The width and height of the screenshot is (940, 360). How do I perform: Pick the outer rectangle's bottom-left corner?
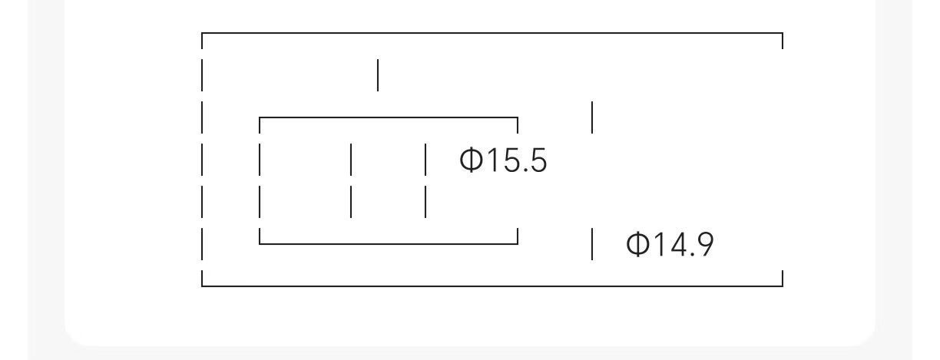point(201,286)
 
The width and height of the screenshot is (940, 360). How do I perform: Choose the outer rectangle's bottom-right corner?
point(782,286)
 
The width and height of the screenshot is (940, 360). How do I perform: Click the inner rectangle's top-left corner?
point(260,118)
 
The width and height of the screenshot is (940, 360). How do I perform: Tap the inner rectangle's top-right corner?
point(518,118)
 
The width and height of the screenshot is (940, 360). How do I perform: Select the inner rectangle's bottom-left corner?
point(260,244)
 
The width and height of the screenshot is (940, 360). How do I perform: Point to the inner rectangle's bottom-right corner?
point(518,244)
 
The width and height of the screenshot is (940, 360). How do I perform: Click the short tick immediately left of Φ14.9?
point(592,244)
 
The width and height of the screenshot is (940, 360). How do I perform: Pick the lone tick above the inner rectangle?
point(378,75)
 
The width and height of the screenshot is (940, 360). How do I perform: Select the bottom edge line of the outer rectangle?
point(492,286)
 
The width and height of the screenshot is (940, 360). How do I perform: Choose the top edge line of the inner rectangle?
point(389,118)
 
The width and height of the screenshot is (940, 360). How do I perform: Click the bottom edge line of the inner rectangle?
point(389,244)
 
